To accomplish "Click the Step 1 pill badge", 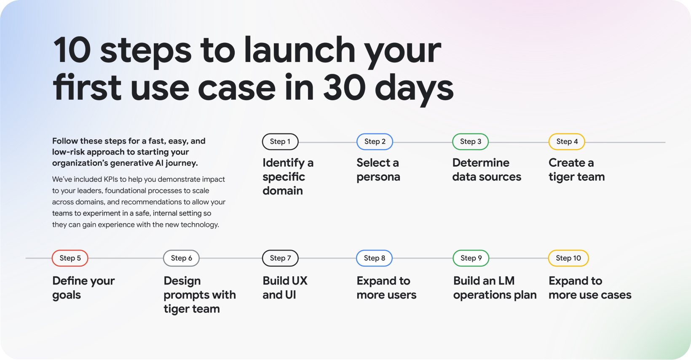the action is click(280, 142).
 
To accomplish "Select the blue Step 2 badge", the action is click(375, 142).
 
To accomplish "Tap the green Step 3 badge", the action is click(471, 142).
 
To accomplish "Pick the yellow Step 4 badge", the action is click(567, 142).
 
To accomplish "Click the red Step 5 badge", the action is click(70, 258).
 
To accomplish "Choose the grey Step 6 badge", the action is click(181, 258).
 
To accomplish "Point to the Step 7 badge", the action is click(280, 258).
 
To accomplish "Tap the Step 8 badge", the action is click(374, 258).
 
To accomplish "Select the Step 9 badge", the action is click(471, 258).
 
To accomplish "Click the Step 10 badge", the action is click(568, 258).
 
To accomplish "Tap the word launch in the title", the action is click(300, 49).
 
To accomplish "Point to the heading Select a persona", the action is click(378, 170).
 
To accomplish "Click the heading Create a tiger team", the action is click(576, 170).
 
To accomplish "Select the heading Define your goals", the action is click(83, 288).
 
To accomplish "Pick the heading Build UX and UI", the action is click(285, 288).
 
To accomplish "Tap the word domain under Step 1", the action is click(283, 191).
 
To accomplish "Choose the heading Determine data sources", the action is click(487, 170).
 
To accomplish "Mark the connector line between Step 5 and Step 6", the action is click(126, 258).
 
